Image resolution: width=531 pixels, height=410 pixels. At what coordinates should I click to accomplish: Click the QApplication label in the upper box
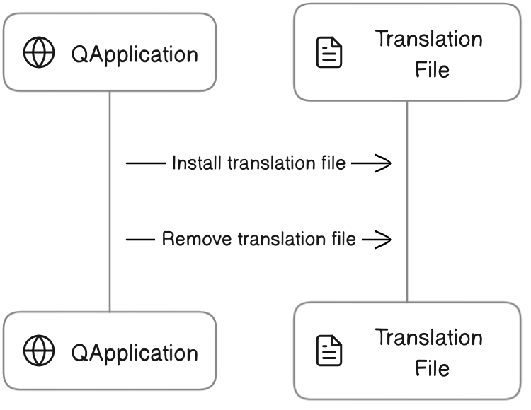[x=135, y=55]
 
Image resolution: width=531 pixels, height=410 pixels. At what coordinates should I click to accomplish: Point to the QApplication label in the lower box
[x=135, y=353]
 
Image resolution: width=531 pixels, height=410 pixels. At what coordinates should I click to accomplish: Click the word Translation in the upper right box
[x=429, y=39]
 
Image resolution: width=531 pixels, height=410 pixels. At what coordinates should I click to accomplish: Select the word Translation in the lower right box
[x=429, y=337]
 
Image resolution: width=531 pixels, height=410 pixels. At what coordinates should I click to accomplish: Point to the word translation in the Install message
[x=259, y=163]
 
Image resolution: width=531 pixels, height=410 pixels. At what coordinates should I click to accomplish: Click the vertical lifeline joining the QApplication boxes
[x=110, y=201]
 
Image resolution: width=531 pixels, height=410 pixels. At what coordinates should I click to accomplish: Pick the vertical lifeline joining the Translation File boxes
[x=407, y=201]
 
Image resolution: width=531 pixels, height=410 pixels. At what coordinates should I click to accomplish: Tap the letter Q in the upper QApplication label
[x=79, y=55]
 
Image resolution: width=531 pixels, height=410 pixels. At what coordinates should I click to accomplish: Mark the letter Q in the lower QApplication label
[x=79, y=353]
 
